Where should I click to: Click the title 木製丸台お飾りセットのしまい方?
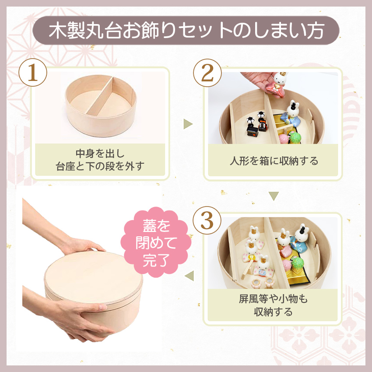[x=186, y=31]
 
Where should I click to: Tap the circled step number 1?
[x=33, y=73]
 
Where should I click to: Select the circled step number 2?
[x=207, y=73]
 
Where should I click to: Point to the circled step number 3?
[x=207, y=221]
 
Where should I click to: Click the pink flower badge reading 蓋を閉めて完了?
[x=156, y=242]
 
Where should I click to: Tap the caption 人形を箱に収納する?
[x=274, y=161]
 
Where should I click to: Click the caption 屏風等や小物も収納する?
[x=273, y=305]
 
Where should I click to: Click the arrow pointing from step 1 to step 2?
[x=188, y=124]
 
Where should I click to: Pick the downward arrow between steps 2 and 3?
[x=274, y=196]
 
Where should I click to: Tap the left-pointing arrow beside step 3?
[x=190, y=276]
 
